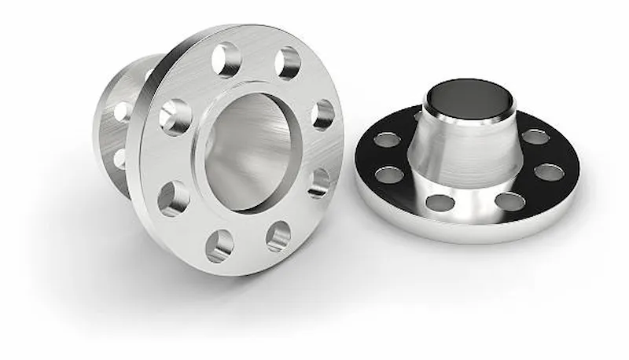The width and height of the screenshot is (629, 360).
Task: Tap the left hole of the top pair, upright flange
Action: [x=226, y=60]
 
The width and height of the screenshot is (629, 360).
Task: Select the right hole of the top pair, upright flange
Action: [x=288, y=64]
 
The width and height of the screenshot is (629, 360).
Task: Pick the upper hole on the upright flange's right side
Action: [x=322, y=115]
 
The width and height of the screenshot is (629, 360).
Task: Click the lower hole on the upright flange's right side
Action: [x=318, y=182]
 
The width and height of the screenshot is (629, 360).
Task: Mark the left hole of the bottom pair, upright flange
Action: [x=219, y=245]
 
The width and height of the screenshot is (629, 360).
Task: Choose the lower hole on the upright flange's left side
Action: [x=173, y=198]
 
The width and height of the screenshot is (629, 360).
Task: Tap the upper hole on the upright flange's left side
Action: [x=175, y=117]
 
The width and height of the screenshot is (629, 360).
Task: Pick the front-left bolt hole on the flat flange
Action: [x=440, y=203]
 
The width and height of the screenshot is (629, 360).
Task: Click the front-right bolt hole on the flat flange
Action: [x=509, y=201]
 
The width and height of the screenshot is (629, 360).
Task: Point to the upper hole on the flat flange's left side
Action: [x=387, y=140]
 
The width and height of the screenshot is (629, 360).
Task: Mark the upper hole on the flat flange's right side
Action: [x=535, y=137]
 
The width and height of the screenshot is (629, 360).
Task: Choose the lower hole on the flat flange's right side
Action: [x=548, y=172]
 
